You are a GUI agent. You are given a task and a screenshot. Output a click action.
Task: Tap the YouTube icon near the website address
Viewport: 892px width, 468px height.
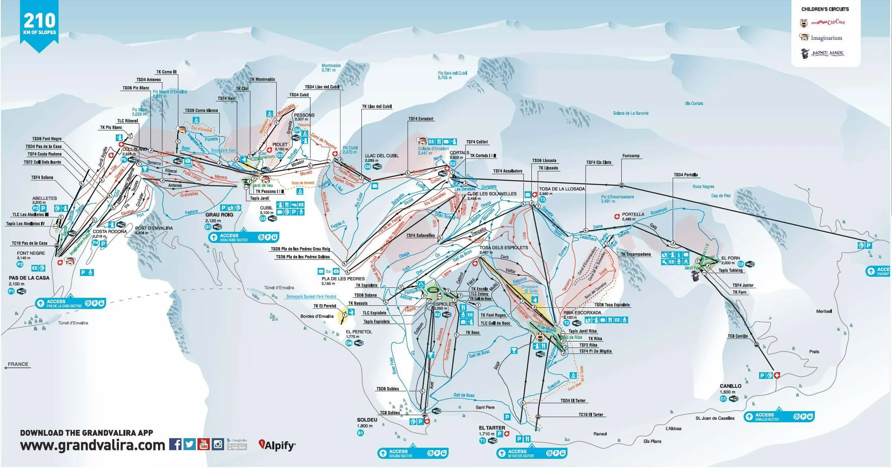(x=203, y=444)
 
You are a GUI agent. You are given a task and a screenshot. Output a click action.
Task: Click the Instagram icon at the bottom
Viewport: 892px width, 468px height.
(x=218, y=444)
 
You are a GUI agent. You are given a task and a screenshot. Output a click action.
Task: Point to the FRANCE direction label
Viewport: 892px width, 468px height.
(x=18, y=364)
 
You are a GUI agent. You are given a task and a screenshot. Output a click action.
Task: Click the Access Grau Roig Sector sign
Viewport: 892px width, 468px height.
(x=243, y=237)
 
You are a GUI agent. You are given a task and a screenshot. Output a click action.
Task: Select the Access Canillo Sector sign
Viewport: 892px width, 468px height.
(x=778, y=417)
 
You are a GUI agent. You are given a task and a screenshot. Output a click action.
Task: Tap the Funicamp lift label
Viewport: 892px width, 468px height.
(x=631, y=156)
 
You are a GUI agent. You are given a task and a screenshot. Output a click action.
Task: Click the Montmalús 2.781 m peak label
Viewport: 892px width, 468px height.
(x=331, y=68)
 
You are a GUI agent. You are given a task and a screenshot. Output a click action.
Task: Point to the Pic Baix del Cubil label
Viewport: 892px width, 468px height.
(x=452, y=75)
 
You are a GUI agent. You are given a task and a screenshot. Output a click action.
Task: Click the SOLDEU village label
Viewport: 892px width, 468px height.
(x=367, y=420)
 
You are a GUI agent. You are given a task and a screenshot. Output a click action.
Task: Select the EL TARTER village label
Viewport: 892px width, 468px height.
(x=492, y=428)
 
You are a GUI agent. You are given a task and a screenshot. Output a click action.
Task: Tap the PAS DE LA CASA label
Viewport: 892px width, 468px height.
(x=29, y=278)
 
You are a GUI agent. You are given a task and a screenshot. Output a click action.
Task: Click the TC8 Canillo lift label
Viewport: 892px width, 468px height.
(x=738, y=336)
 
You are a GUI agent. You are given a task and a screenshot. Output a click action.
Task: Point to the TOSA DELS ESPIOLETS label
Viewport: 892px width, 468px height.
(x=504, y=247)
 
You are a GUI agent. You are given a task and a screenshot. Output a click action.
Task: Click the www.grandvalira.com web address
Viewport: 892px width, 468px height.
(x=92, y=445)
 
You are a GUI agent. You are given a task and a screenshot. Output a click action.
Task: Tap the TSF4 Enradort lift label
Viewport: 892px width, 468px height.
(x=421, y=119)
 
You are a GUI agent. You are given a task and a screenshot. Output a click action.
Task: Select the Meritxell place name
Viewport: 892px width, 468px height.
(x=824, y=311)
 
